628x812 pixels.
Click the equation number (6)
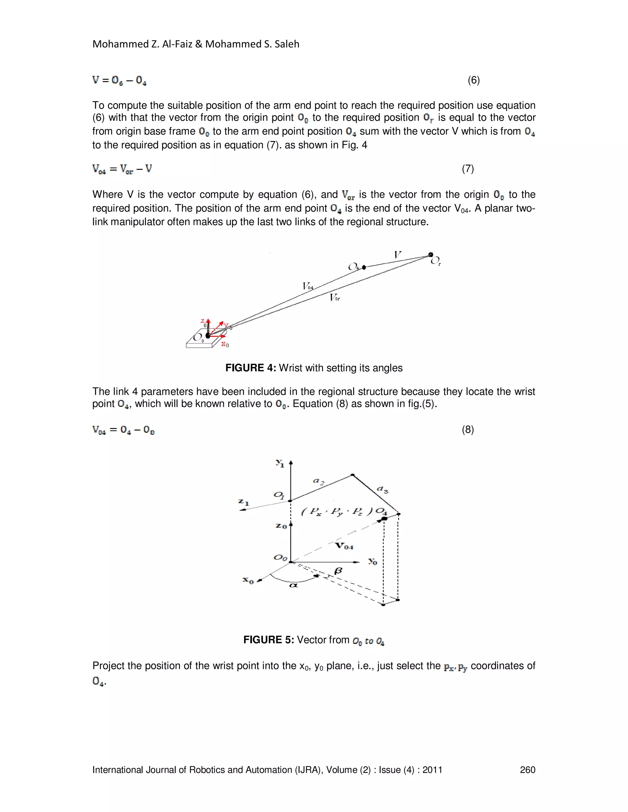coord(473,80)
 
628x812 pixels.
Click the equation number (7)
coord(468,169)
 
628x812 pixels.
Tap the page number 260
coord(527,770)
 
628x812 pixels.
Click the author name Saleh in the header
coord(286,44)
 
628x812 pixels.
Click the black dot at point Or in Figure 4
coord(431,255)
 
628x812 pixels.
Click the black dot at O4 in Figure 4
coord(364,267)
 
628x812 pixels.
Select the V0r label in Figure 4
coord(335,298)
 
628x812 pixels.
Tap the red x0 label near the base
coord(225,344)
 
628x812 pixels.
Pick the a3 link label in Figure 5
coord(382,489)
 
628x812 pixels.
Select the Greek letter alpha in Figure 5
coord(293,585)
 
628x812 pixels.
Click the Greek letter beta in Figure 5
coord(338,571)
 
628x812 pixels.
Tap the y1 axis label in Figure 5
coord(280,463)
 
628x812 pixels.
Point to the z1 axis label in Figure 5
coord(244,502)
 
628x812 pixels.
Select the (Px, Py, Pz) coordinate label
coord(337,512)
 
